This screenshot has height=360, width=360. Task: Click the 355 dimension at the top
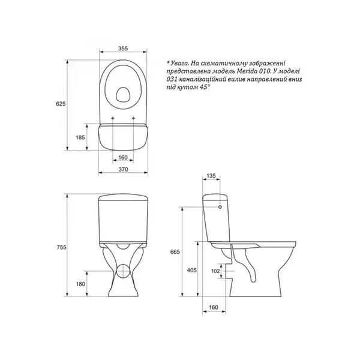[123, 49]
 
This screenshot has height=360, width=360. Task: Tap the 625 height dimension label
[61, 104]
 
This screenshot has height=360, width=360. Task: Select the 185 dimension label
[80, 137]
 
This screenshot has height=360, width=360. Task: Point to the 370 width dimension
[123, 169]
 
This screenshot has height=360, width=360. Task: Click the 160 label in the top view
[123, 157]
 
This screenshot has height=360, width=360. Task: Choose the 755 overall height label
[61, 247]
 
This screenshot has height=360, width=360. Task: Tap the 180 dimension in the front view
[80, 284]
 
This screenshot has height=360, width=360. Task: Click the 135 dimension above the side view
[211, 176]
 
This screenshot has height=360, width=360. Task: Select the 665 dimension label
[175, 252]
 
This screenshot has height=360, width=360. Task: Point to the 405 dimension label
[192, 270]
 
